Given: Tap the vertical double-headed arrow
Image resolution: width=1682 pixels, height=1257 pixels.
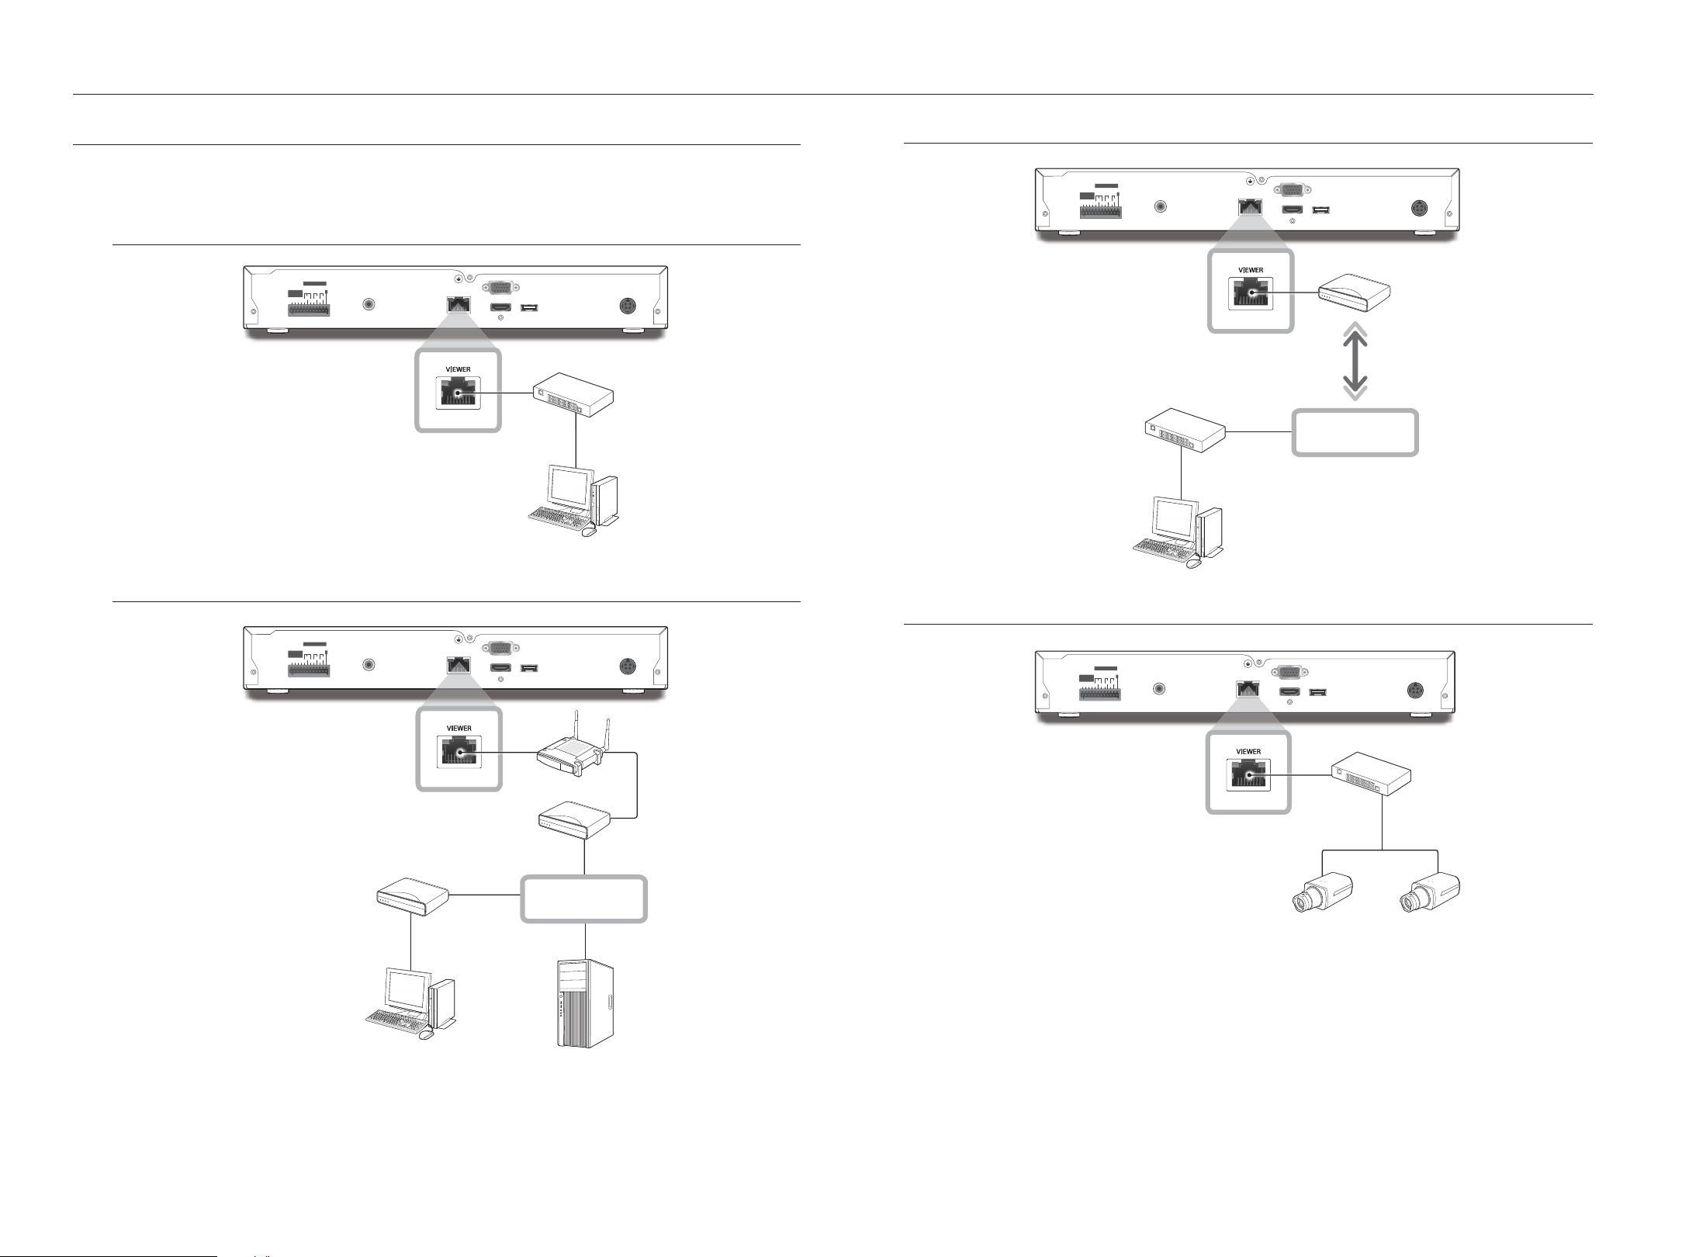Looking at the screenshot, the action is (1355, 362).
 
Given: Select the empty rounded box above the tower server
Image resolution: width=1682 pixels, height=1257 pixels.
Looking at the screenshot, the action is (584, 899).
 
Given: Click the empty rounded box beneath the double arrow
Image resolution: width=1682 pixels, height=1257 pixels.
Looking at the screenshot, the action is (1355, 432).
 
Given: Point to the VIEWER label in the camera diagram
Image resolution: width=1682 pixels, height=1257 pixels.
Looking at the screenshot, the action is (1248, 751).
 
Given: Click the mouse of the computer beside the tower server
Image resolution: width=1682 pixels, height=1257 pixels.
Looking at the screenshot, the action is (425, 1035).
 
